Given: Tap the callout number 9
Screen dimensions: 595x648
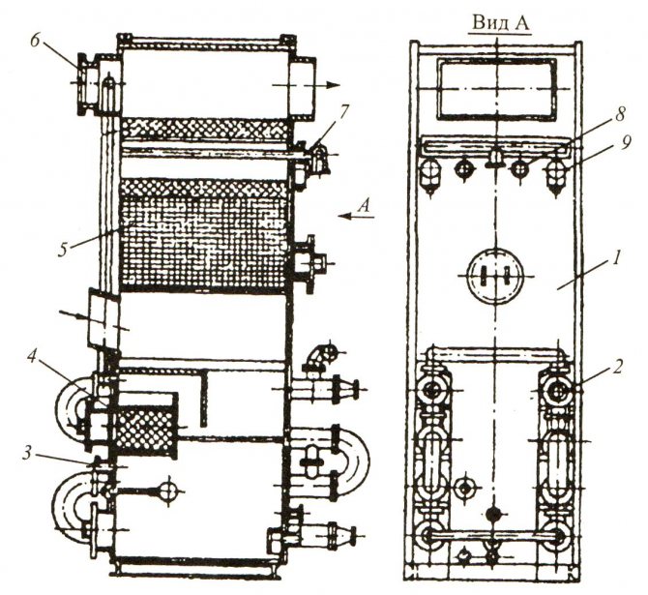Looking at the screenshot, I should (627, 143).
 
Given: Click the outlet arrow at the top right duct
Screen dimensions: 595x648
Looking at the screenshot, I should (331, 85).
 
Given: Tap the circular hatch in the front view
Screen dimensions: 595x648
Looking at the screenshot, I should (493, 274).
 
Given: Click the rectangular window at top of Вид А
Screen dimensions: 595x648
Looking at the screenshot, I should (494, 86).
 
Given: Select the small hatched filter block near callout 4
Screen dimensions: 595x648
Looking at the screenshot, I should (145, 423).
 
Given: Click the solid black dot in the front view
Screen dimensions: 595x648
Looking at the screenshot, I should (494, 515).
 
